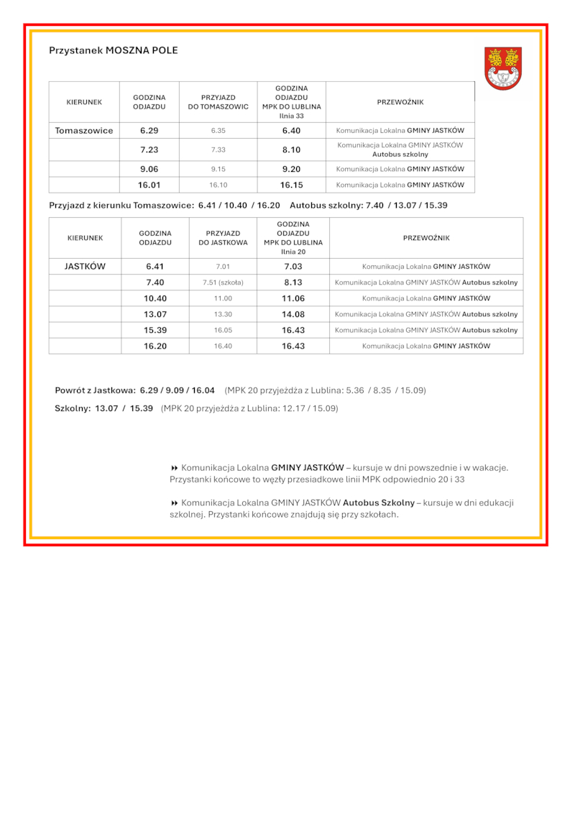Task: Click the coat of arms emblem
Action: [x=502, y=68]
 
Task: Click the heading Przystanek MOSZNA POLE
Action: [x=113, y=50]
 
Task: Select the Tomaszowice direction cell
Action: [x=84, y=131]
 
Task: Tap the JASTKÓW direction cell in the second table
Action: [x=85, y=266]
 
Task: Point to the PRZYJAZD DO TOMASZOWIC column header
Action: [x=218, y=102]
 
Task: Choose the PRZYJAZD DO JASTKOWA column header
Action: [x=223, y=238]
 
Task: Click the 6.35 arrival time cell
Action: [x=218, y=131]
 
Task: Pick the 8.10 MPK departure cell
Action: [x=291, y=150]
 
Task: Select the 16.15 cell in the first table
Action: [x=291, y=185]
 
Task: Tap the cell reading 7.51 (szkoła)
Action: [x=223, y=283]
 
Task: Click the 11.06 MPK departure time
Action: [x=293, y=298]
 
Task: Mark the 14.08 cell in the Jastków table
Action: [x=293, y=314]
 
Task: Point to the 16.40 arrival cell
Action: [x=223, y=346]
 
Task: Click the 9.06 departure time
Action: [x=149, y=169]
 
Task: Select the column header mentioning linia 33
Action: [x=291, y=102]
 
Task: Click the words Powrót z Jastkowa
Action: [x=95, y=390]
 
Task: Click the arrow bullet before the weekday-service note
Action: [x=174, y=467]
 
